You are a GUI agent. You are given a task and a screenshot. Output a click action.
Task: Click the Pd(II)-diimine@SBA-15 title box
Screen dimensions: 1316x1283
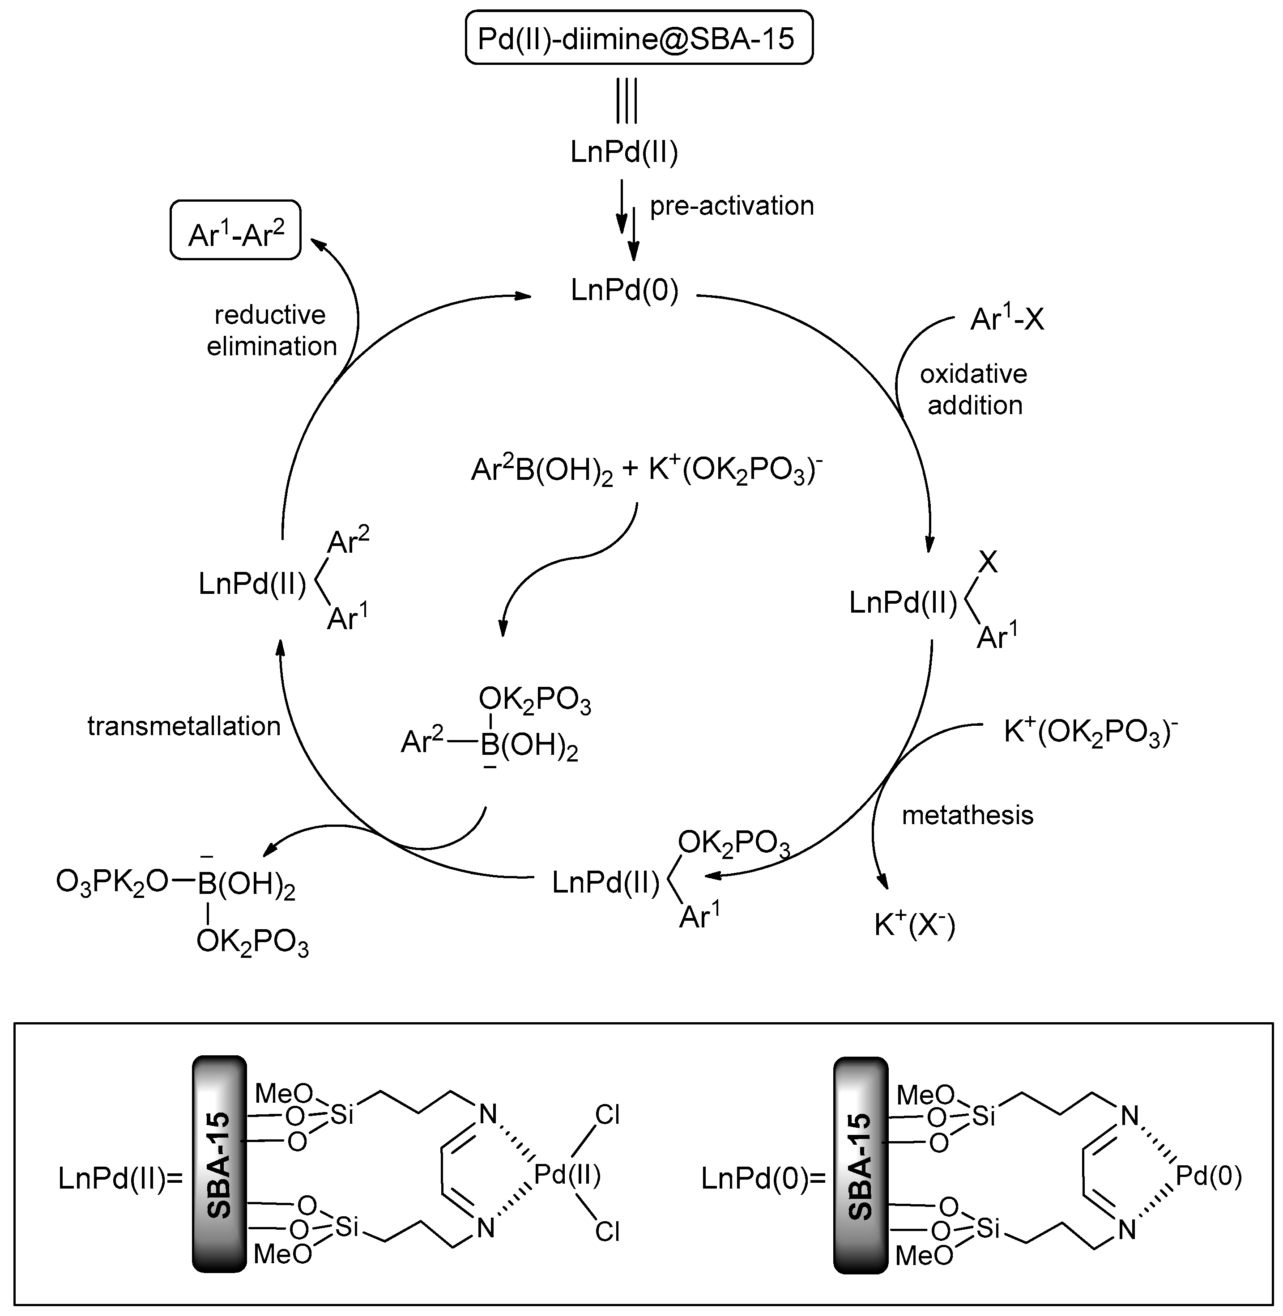pyautogui.click(x=638, y=38)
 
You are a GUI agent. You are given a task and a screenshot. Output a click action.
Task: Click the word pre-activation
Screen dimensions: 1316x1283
pyautogui.click(x=731, y=206)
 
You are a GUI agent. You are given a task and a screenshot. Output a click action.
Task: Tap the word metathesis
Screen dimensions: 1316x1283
pyautogui.click(x=967, y=816)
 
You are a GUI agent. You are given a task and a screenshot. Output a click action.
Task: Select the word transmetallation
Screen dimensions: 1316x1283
pyautogui.click(x=184, y=726)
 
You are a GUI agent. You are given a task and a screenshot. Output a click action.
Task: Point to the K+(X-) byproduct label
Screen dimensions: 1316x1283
pyautogui.click(x=914, y=925)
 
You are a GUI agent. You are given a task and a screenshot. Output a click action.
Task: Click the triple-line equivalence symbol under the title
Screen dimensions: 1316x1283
pyautogui.click(x=626, y=102)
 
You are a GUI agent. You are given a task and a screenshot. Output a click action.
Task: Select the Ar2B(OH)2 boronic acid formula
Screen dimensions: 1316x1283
pyautogui.click(x=542, y=470)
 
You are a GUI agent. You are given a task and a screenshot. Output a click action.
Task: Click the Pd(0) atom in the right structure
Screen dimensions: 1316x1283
pyautogui.click(x=1208, y=1176)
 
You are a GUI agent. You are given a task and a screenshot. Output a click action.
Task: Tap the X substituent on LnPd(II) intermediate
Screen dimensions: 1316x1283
pyautogui.click(x=987, y=562)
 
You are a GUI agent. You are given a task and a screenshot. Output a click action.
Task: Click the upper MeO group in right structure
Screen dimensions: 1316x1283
pyautogui.click(x=925, y=1095)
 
